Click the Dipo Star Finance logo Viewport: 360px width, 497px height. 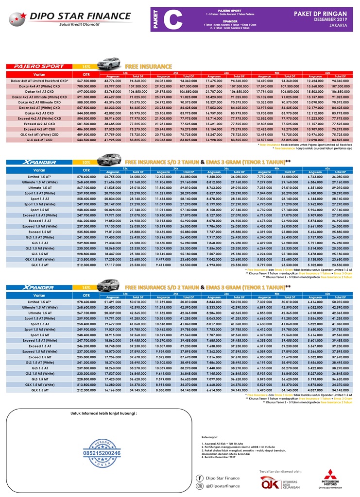(x=70, y=18)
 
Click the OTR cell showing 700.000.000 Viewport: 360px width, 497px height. (x=86, y=86)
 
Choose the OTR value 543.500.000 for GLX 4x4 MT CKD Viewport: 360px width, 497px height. (x=86, y=140)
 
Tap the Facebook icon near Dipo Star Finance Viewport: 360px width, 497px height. (x=199, y=478)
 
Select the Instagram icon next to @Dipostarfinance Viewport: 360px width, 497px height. (x=199, y=486)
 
